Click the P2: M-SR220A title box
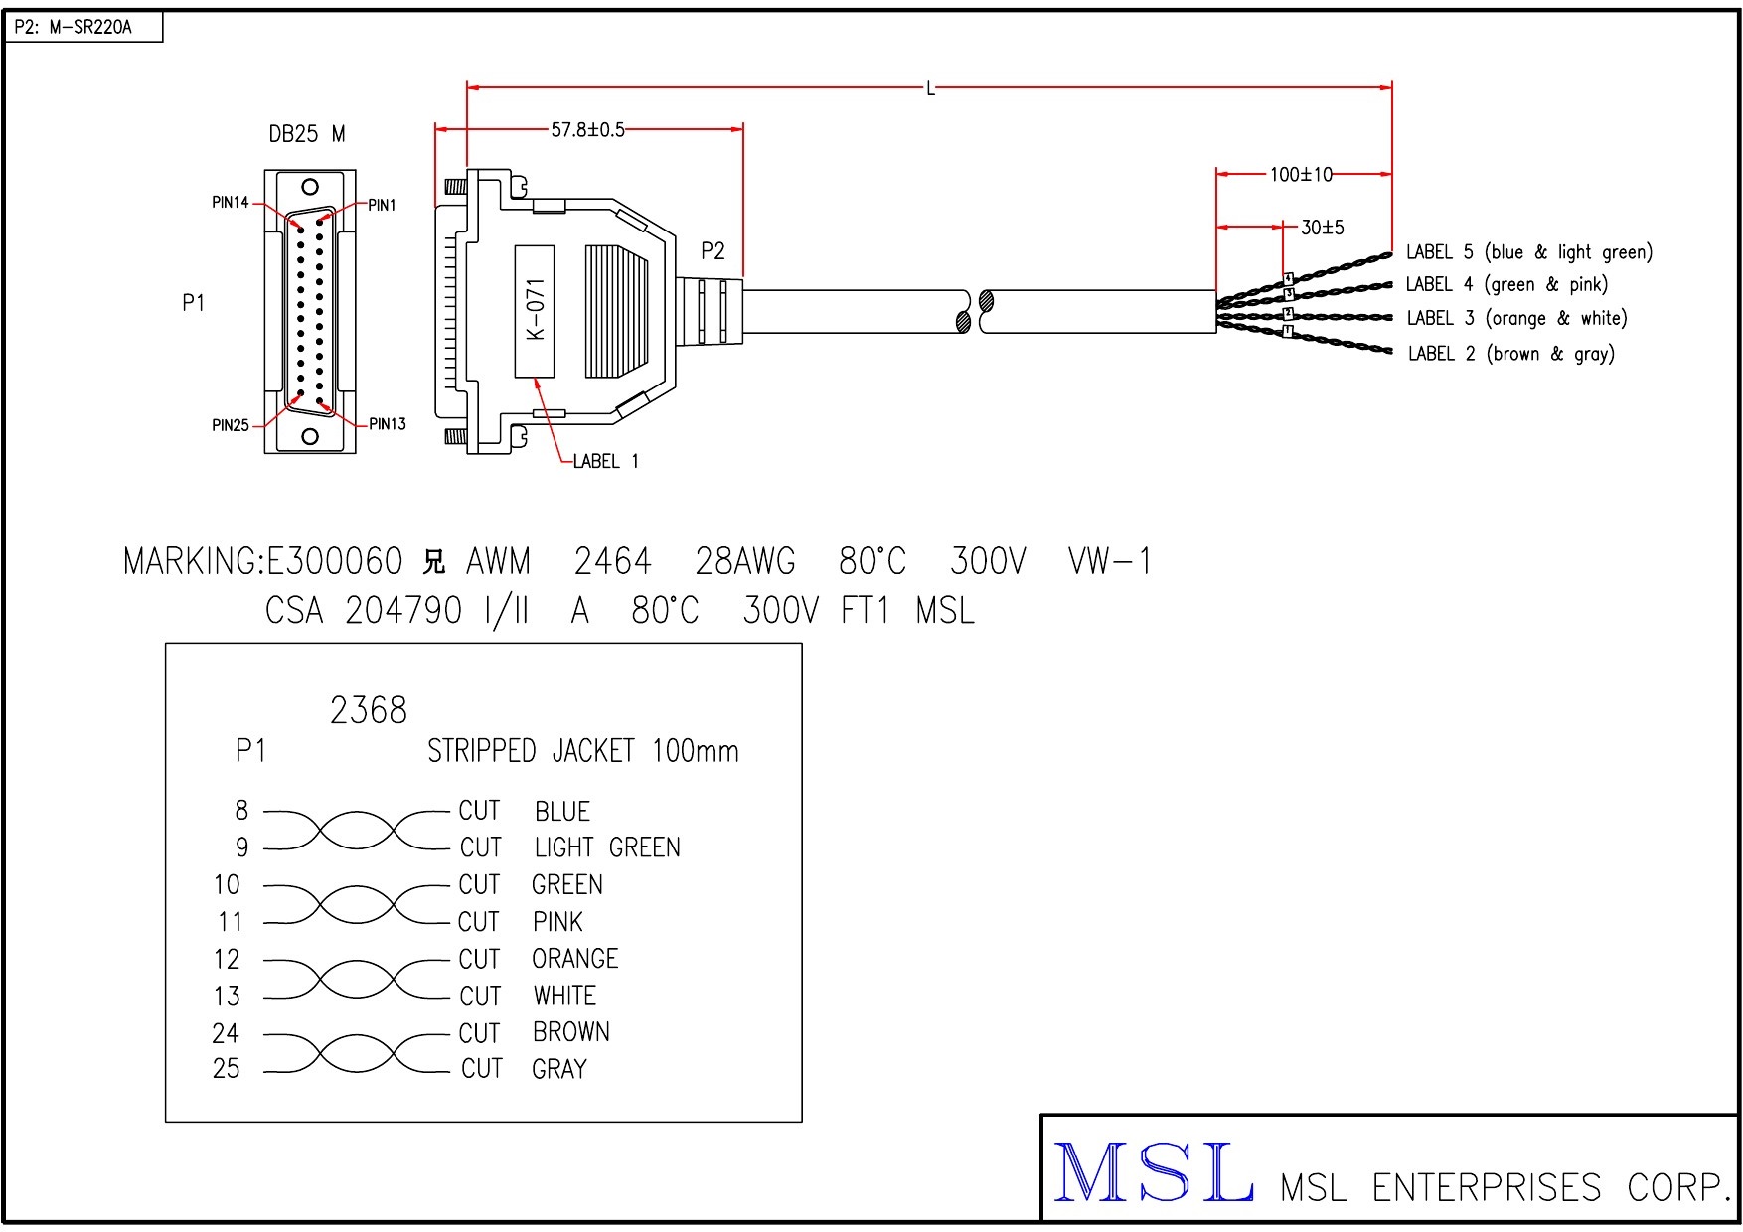click(x=83, y=27)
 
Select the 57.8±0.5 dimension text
click(x=587, y=129)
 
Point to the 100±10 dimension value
click(x=1301, y=175)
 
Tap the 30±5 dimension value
click(x=1322, y=228)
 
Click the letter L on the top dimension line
click(x=930, y=89)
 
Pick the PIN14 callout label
click(x=231, y=203)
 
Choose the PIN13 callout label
click(x=387, y=424)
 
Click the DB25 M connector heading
click(x=307, y=134)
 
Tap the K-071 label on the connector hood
click(x=535, y=310)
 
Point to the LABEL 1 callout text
click(x=605, y=461)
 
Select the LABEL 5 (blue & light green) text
click(x=1528, y=252)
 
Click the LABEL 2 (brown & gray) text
click(x=1510, y=354)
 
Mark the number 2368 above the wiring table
click(x=368, y=710)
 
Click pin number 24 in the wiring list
click(x=226, y=1033)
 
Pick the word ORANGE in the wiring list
click(x=574, y=959)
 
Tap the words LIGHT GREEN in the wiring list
click(x=607, y=847)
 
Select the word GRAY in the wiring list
click(x=559, y=1069)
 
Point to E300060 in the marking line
click(x=335, y=562)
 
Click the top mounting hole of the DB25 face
click(x=310, y=186)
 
